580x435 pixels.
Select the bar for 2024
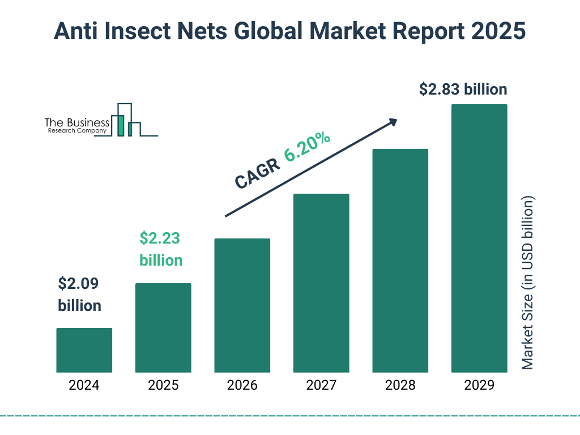(84, 350)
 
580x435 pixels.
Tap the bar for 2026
(242, 305)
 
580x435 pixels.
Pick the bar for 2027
(321, 283)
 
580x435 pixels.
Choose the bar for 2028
(400, 261)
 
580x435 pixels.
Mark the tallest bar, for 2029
(479, 238)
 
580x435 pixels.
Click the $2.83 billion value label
(463, 89)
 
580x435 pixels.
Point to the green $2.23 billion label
(161, 249)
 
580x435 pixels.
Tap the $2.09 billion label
(79, 295)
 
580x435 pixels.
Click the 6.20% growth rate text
(308, 147)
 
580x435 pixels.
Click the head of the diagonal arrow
(393, 122)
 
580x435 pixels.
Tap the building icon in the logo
(125, 120)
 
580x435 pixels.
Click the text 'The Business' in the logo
(77, 122)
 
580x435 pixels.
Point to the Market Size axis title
(528, 283)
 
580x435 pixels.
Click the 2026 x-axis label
(242, 386)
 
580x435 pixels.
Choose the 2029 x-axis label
(479, 386)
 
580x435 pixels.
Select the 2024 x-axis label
(84, 386)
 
